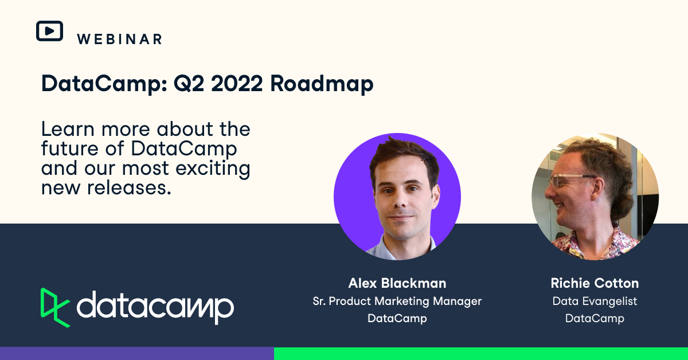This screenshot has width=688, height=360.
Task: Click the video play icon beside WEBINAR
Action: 49,31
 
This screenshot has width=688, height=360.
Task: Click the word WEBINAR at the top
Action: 119,39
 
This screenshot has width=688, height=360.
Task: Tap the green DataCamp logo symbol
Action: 55,307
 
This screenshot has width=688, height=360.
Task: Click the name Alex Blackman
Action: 397,283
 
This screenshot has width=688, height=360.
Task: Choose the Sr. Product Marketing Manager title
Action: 397,301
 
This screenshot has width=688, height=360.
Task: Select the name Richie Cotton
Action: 595,283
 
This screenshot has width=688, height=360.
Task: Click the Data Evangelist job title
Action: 595,301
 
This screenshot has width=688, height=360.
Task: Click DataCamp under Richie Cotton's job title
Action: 595,318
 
